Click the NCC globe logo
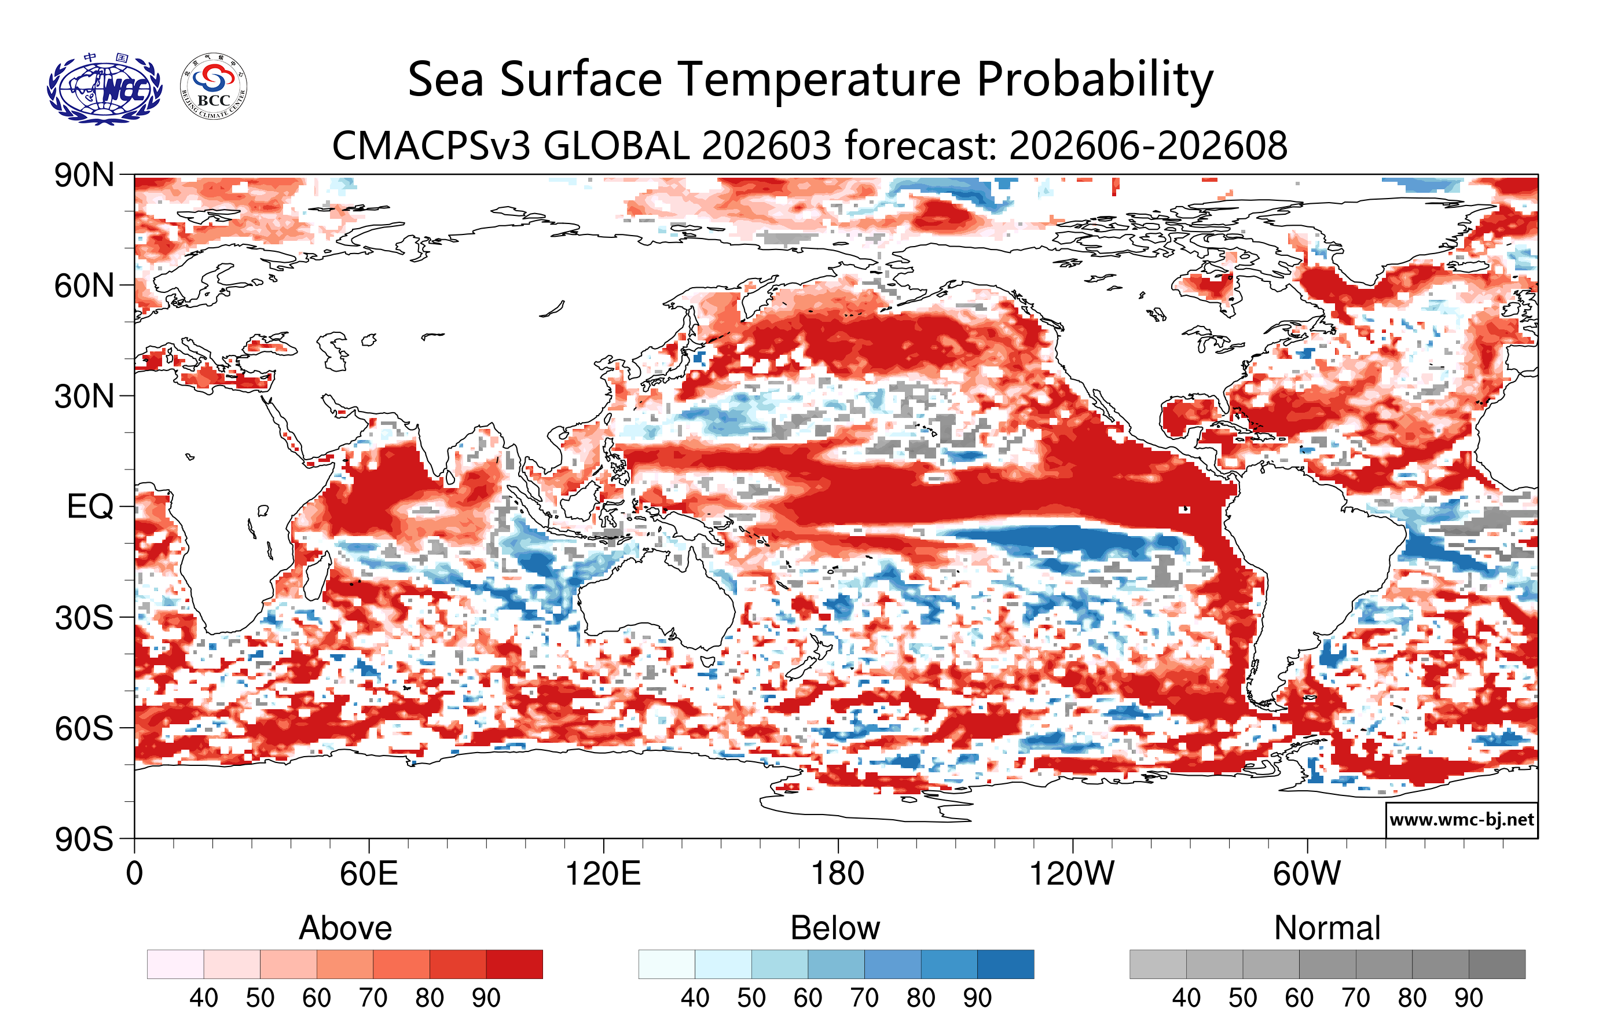(104, 88)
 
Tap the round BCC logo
(214, 87)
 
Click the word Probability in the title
(1094, 79)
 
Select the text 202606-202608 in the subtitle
(1148, 145)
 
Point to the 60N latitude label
(84, 286)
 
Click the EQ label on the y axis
(90, 507)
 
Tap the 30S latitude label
(84, 618)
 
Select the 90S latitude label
(84, 839)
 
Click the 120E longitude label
(603, 874)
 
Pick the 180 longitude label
(838, 874)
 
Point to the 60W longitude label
(1307, 874)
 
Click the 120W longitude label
(1072, 874)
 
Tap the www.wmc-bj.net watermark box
(1461, 820)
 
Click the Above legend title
(346, 928)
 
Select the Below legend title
(835, 928)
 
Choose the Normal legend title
(1327, 928)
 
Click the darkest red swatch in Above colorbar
(514, 964)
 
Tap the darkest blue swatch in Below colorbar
(1005, 964)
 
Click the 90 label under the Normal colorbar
(1468, 998)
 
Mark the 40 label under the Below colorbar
(695, 998)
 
